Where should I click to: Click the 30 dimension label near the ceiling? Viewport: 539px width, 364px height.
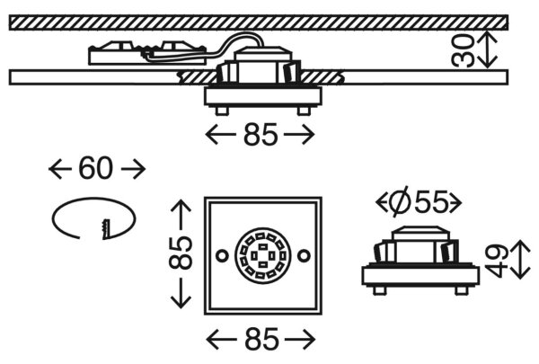tap(463, 50)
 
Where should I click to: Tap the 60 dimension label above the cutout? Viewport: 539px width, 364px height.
tap(95, 169)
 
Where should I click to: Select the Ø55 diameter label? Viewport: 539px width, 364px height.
tap(419, 202)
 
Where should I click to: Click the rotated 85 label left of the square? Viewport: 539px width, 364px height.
tap(181, 253)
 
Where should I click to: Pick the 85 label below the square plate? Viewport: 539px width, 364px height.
tap(261, 339)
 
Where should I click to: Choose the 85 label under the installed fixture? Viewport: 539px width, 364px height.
tap(261, 134)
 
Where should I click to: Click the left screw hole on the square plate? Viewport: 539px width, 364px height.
tap(222, 256)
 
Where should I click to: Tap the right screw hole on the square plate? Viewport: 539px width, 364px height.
tap(304, 256)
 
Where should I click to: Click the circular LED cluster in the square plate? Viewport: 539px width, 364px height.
tap(263, 256)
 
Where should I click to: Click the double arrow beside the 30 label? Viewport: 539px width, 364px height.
tap(488, 50)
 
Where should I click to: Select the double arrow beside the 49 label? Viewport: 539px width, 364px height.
tap(521, 260)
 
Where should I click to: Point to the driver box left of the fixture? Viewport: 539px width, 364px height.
tap(147, 53)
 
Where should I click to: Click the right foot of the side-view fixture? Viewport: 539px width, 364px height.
tap(462, 290)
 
